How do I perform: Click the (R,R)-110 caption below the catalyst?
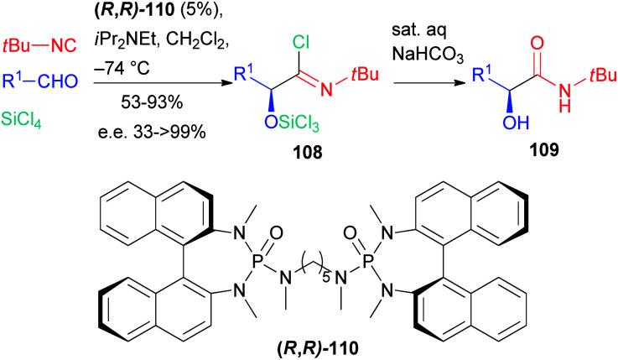(x=307, y=348)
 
